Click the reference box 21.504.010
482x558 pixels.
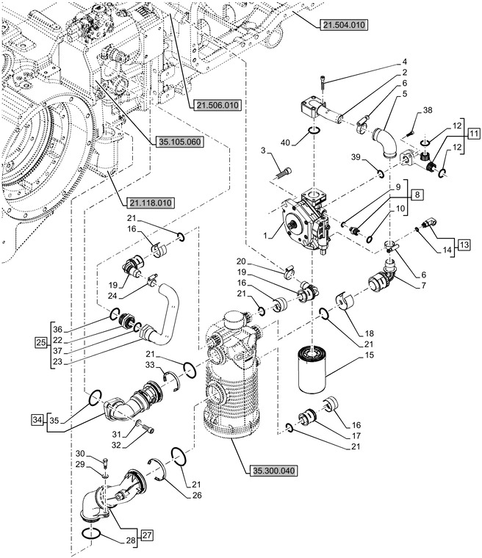coord(345,26)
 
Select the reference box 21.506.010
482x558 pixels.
coord(218,106)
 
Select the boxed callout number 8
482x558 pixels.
coord(417,196)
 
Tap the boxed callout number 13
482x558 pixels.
coord(466,244)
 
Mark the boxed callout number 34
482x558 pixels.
coord(37,420)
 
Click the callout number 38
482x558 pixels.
coord(428,110)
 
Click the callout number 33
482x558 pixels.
coord(149,364)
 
